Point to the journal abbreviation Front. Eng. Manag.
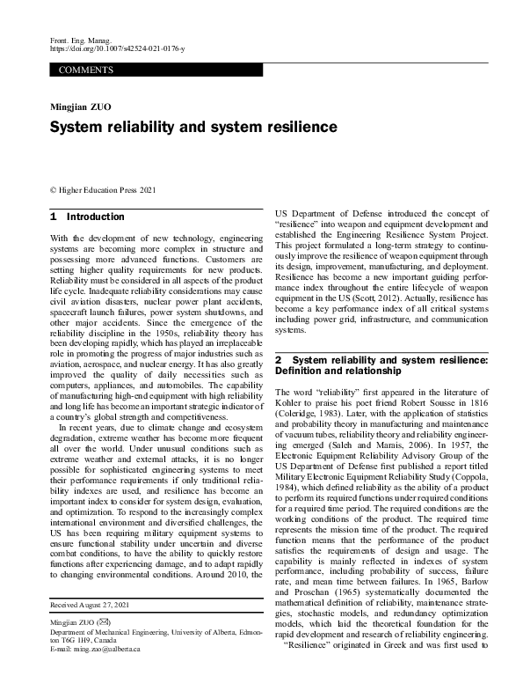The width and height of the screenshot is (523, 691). tap(78, 42)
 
